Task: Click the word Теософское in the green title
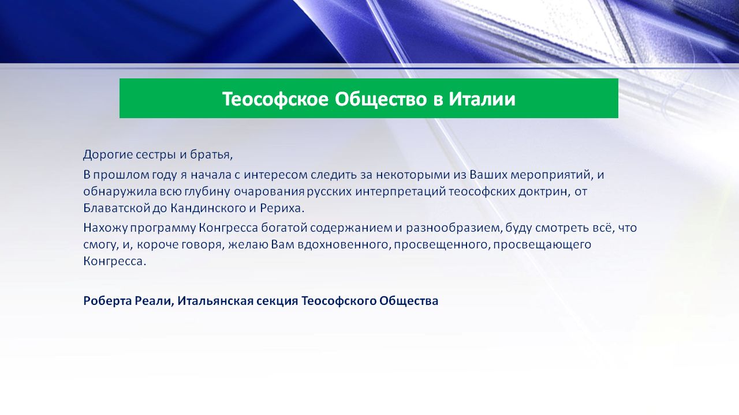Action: (x=275, y=99)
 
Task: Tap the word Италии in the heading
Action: (x=482, y=99)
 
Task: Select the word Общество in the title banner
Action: (x=380, y=99)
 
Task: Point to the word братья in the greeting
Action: (x=211, y=154)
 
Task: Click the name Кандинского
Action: (x=208, y=208)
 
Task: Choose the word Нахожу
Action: (x=105, y=228)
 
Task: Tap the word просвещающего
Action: (x=542, y=245)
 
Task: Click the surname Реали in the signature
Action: (x=154, y=301)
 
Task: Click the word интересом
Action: (x=275, y=175)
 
